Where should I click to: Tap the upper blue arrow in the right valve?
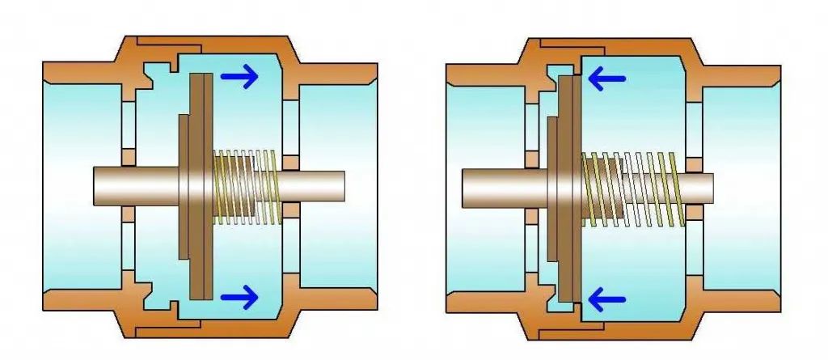pos(607,78)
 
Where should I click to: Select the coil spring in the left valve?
pos(247,187)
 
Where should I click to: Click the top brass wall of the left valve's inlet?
pos(81,73)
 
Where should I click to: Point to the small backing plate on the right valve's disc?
pos(552,187)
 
